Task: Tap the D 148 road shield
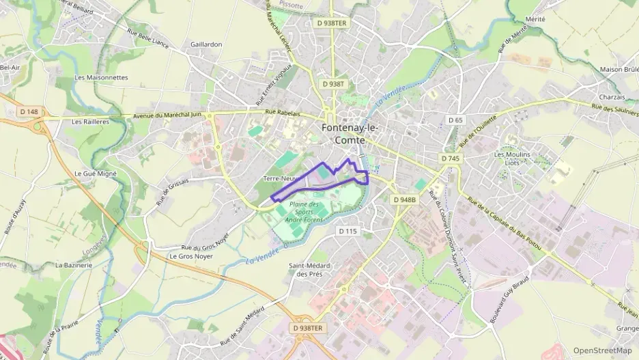point(29,111)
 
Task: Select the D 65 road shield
point(455,120)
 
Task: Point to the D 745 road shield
point(450,158)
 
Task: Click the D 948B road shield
point(404,199)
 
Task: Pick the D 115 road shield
point(347,231)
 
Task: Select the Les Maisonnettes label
point(102,78)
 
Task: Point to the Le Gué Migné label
point(96,174)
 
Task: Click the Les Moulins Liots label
point(511,158)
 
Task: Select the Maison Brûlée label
point(619,69)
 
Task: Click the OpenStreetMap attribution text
point(603,350)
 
